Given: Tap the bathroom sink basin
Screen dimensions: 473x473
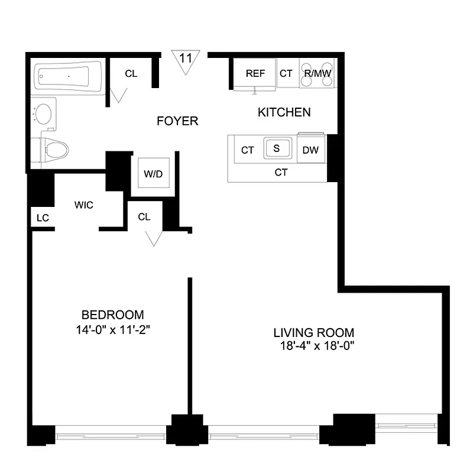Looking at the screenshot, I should [x=44, y=113].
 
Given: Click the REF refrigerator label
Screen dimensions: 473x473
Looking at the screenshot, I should [x=255, y=73].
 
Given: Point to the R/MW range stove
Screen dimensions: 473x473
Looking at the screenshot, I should [x=317, y=74].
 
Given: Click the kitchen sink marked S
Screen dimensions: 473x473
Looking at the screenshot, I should [x=276, y=148].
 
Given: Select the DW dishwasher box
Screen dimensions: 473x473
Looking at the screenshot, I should [x=310, y=150].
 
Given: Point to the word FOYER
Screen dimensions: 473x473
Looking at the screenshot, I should [x=177, y=121].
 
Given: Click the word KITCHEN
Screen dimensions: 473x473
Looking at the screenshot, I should [x=284, y=112].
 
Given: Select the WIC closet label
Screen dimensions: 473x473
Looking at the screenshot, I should [x=84, y=205].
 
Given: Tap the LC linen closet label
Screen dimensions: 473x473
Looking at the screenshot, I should [x=42, y=218].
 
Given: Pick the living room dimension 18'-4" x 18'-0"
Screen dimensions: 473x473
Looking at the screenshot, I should [x=314, y=346].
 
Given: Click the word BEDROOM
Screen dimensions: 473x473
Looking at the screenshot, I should [x=112, y=315].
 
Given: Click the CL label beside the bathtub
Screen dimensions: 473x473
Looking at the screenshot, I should [x=131, y=74].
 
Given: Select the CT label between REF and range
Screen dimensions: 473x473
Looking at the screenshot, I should [x=286, y=73].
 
